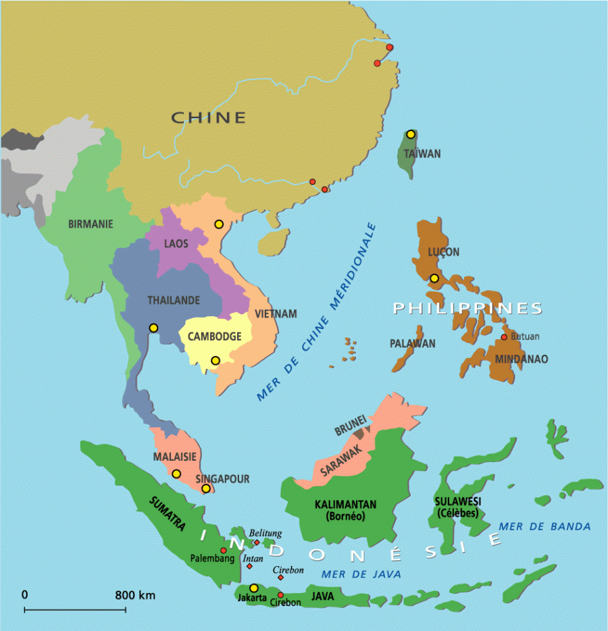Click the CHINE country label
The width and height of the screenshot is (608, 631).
point(208,118)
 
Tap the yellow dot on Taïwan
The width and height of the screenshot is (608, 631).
point(410,134)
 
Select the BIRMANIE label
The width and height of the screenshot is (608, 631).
point(91,224)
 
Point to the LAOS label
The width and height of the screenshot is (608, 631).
point(176,243)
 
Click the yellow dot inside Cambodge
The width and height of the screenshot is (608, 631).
point(215,360)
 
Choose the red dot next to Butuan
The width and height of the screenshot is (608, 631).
point(503,337)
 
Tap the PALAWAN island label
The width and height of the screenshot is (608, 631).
point(412,344)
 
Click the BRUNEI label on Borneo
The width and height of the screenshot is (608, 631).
point(351,428)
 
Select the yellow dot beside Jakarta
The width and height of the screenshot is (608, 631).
point(253,588)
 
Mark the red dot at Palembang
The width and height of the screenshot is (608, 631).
point(224,550)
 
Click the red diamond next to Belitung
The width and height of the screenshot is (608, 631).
point(257,542)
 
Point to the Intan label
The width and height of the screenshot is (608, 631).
point(254,559)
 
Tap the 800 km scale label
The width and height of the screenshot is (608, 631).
point(135,595)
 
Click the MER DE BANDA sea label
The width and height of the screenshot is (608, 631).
point(544,526)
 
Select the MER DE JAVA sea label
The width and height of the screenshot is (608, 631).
point(361,574)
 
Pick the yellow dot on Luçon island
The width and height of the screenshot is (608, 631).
point(434,278)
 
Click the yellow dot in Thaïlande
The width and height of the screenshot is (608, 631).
point(153,328)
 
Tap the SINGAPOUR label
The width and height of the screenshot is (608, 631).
point(222,479)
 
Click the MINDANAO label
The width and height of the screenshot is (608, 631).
point(522,359)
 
